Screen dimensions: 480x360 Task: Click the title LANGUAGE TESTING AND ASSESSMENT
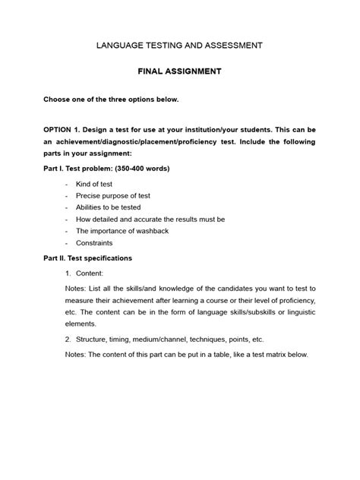[179, 46]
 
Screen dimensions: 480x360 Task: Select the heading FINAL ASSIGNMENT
[179, 71]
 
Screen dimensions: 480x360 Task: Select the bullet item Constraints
[94, 243]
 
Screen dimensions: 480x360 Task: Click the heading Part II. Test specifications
[87, 258]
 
